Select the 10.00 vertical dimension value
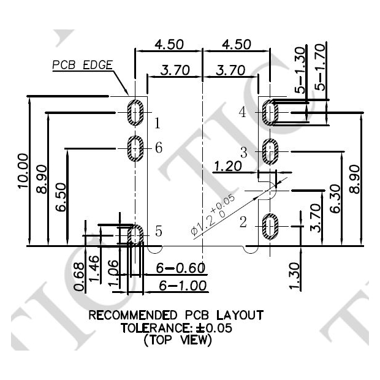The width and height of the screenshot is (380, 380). (x=24, y=172)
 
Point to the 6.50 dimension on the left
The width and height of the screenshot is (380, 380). (x=61, y=198)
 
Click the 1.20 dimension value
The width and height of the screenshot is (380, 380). (x=228, y=165)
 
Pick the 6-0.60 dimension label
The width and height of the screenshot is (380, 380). (x=180, y=269)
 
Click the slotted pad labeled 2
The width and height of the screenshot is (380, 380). (x=270, y=226)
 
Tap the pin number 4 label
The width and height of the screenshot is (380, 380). (x=243, y=112)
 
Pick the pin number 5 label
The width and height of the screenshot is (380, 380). (x=158, y=232)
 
